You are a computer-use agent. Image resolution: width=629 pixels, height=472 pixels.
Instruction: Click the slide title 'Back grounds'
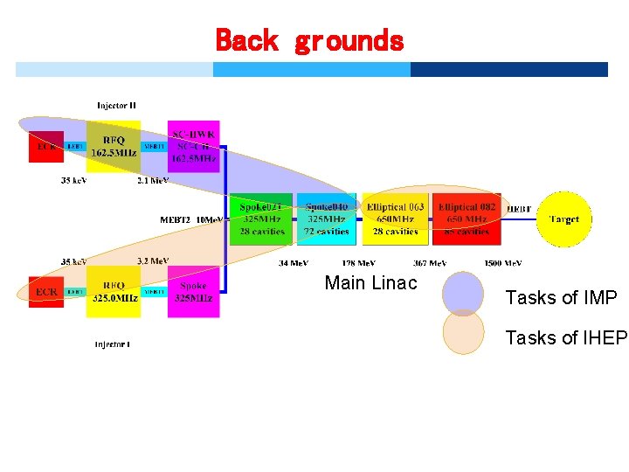coord(309,40)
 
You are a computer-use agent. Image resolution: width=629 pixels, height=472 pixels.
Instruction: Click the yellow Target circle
coord(563,219)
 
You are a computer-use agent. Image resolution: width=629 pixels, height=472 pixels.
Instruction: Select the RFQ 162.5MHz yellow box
coord(113,146)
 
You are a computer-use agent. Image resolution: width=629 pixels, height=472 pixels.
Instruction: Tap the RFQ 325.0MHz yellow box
coord(114,292)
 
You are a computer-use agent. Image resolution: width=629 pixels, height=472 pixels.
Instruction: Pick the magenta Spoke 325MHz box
coord(193,292)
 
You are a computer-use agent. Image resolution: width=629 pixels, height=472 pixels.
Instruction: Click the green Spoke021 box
coord(261,219)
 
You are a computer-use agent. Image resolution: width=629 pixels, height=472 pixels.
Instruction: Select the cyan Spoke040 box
coord(327,219)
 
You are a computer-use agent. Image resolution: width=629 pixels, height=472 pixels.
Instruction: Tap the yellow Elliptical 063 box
coord(395,219)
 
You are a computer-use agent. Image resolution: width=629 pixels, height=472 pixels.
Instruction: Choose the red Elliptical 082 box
coord(467,219)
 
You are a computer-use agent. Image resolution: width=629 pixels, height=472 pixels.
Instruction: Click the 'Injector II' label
coord(116,106)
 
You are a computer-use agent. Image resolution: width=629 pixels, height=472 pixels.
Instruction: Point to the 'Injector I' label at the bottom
coord(113,344)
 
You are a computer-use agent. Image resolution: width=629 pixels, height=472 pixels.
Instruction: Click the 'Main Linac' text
coord(370,283)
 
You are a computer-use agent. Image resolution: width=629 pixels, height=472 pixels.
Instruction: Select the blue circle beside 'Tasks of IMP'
coord(463,294)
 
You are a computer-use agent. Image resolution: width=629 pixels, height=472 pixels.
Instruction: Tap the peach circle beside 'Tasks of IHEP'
coord(463,333)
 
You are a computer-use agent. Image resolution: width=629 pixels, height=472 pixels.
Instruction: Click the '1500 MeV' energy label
coord(503,263)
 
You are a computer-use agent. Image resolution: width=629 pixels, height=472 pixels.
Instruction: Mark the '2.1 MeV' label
coord(154,181)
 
